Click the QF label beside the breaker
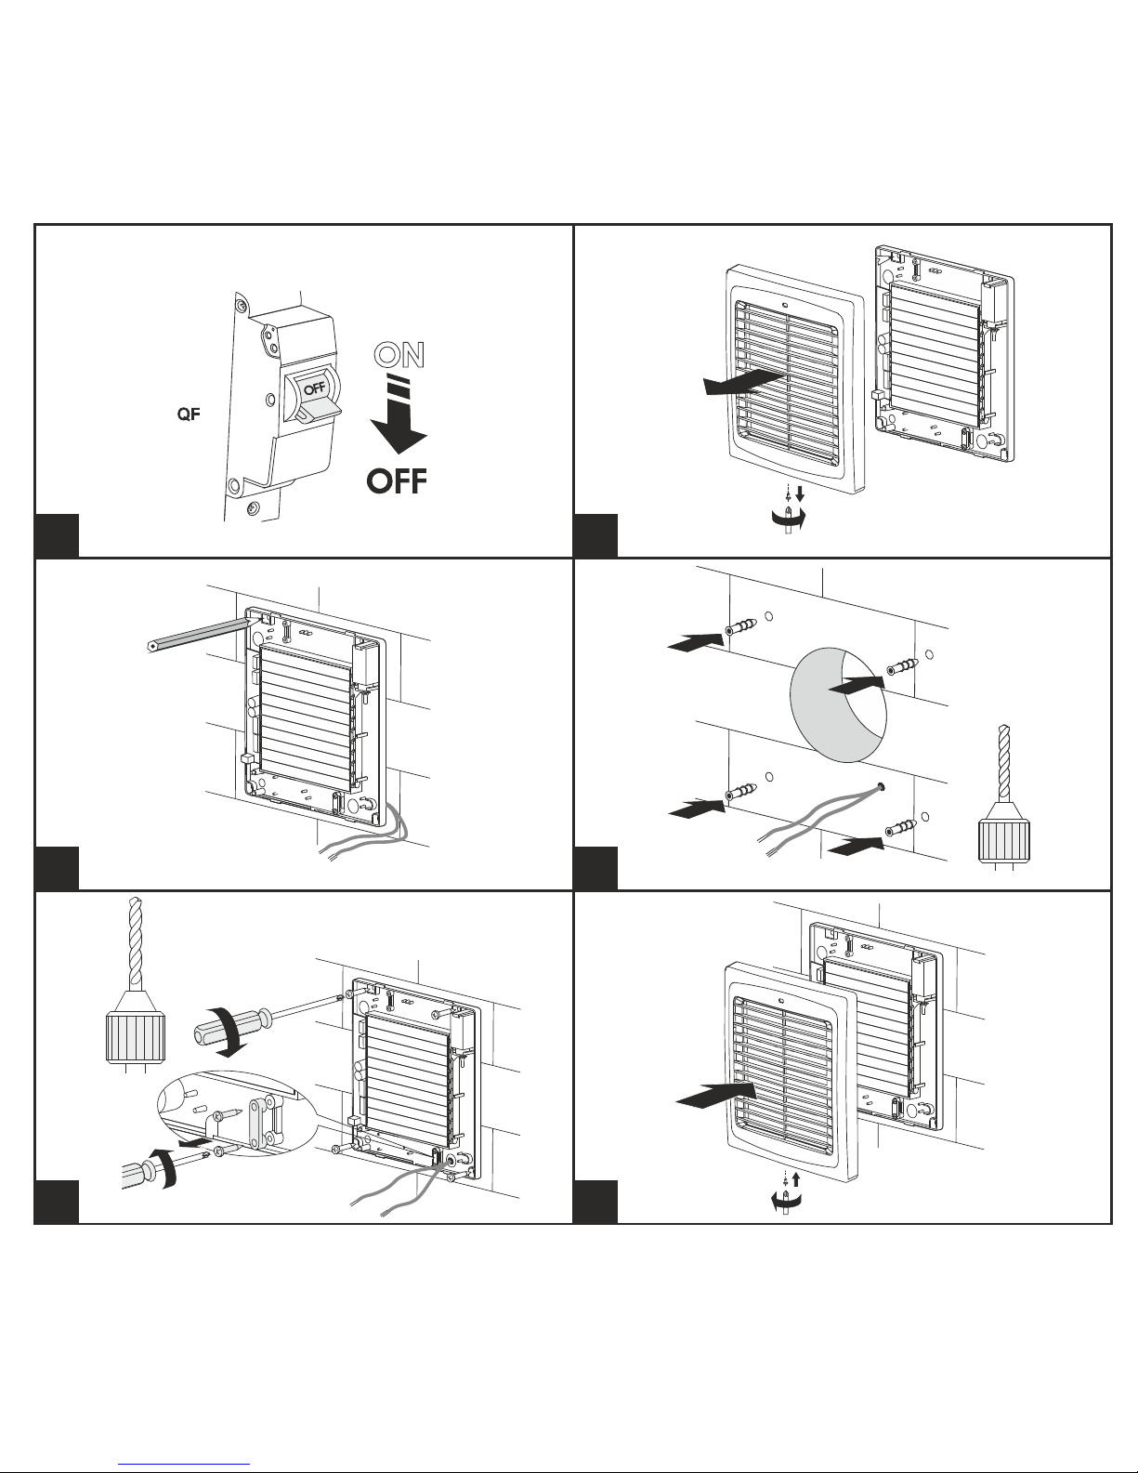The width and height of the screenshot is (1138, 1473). pos(189,414)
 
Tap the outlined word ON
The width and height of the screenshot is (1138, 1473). pos(399,355)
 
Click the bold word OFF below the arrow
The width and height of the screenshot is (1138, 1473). pos(397,481)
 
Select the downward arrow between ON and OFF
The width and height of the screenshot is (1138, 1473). pos(399,413)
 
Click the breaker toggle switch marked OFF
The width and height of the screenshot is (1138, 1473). pos(315,396)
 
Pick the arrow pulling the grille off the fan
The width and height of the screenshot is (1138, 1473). pos(743,383)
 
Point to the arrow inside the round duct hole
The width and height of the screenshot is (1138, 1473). pos(857,684)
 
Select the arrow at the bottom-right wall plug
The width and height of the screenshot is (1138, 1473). pos(856,847)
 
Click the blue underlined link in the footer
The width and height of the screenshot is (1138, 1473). pos(184,1464)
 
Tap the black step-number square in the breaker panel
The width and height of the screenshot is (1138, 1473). pos(57,535)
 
